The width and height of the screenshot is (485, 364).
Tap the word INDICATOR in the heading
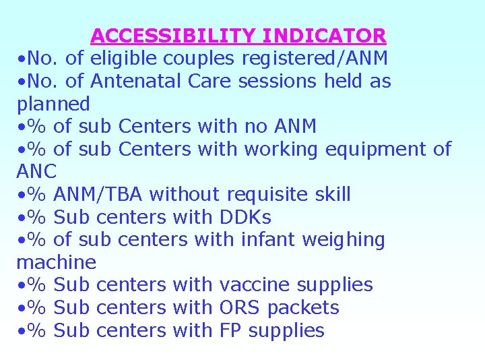tap(325, 36)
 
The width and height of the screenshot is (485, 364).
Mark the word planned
tap(53, 104)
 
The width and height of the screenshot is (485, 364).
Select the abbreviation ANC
tap(36, 172)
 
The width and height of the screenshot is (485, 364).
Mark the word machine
tap(57, 262)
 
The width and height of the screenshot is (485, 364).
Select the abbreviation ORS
tap(240, 307)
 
